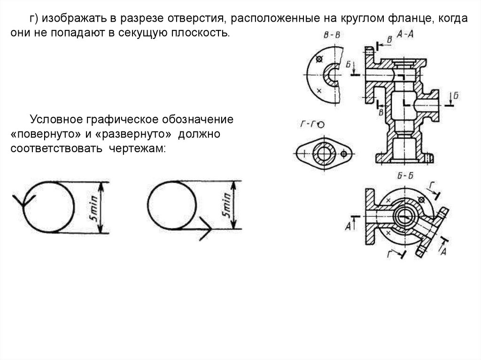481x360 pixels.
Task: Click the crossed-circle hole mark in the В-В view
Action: coord(320,59)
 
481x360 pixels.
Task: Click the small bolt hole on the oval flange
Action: coord(344,153)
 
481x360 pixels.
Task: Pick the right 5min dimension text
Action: coord(227,206)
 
